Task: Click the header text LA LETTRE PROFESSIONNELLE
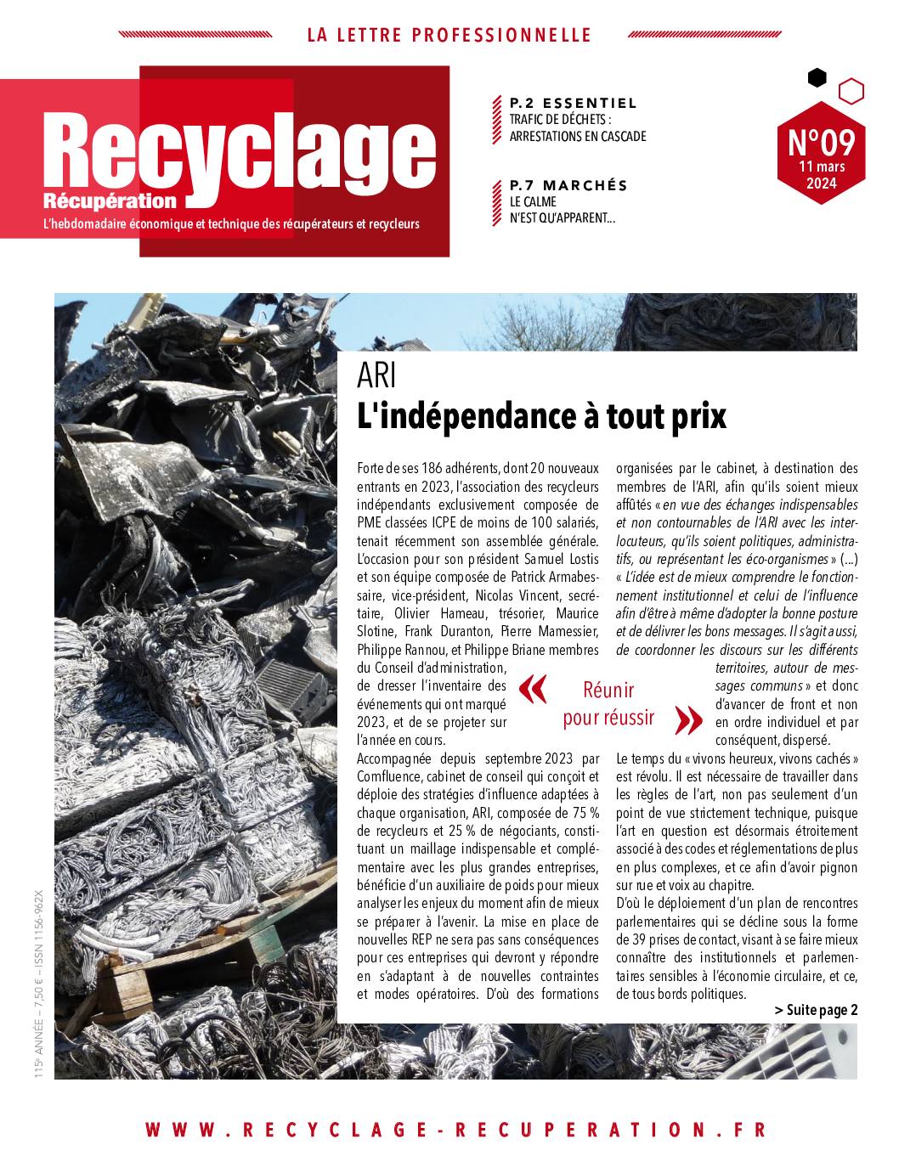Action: click(449, 36)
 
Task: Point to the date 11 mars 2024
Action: click(821, 175)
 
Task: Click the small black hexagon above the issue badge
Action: click(817, 78)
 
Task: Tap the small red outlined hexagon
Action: click(851, 91)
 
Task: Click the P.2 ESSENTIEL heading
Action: click(573, 103)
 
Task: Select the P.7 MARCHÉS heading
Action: click(568, 185)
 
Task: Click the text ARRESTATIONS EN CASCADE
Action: click(578, 136)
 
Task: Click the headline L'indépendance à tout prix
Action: click(543, 416)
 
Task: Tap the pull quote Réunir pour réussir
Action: click(608, 703)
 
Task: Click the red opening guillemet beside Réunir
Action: click(532, 690)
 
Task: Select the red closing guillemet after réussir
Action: click(688, 719)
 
